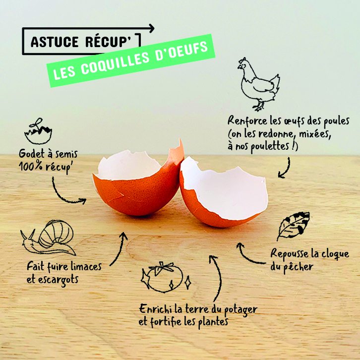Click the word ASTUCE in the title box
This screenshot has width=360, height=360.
point(55,42)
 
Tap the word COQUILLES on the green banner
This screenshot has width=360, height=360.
point(116,63)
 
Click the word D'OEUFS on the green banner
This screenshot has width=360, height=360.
point(182,51)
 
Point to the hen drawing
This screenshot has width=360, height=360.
point(259,84)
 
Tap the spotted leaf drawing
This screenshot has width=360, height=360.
point(293,226)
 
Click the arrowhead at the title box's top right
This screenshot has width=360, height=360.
point(152,28)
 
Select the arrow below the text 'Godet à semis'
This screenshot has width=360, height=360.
point(66,196)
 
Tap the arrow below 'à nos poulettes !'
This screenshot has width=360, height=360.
point(286,169)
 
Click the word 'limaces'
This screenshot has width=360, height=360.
point(86,267)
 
